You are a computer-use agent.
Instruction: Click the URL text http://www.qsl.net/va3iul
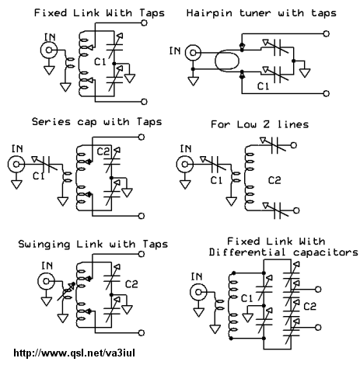[x=74, y=353]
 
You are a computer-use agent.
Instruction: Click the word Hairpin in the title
[x=209, y=13]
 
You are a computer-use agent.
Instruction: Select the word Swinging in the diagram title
[x=44, y=245]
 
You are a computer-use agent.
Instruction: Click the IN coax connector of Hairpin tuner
[x=193, y=53]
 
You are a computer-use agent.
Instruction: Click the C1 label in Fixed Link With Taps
[x=100, y=62]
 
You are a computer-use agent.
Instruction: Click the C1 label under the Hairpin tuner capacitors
[x=263, y=86]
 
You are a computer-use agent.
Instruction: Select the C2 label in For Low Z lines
[x=274, y=180]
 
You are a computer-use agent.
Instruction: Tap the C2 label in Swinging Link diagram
[x=131, y=284]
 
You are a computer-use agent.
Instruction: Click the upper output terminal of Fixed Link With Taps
[x=144, y=23]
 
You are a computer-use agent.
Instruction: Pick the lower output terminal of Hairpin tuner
[x=327, y=93]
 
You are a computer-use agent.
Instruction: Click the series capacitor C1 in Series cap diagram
[x=45, y=165]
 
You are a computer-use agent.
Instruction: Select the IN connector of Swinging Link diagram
[x=46, y=281]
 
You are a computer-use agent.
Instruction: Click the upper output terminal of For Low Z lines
[x=293, y=145]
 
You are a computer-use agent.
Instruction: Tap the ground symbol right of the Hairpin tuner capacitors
[x=305, y=73]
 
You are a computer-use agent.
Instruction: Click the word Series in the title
[x=51, y=122]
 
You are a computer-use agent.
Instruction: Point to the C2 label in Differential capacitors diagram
[x=309, y=307]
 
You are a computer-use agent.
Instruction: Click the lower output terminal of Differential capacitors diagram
[x=318, y=327]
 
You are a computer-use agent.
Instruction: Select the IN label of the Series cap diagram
[x=17, y=149]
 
